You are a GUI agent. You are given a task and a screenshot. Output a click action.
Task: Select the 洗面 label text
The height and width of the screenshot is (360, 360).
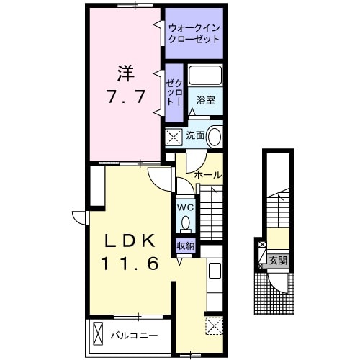tap(195, 135)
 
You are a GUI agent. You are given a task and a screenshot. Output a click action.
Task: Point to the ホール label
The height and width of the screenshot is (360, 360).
tap(207, 175)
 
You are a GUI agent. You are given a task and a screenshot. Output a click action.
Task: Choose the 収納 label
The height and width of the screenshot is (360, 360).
tap(185, 246)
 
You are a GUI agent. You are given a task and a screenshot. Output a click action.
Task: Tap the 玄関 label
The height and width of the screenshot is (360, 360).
tap(278, 260)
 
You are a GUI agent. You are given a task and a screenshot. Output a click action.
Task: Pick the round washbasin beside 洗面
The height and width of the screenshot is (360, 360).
tap(215, 136)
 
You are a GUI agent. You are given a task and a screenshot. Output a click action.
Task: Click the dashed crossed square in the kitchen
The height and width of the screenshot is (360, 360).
tap(214, 325)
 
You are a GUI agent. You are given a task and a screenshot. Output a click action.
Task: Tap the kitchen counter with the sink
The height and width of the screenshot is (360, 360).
tap(214, 284)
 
